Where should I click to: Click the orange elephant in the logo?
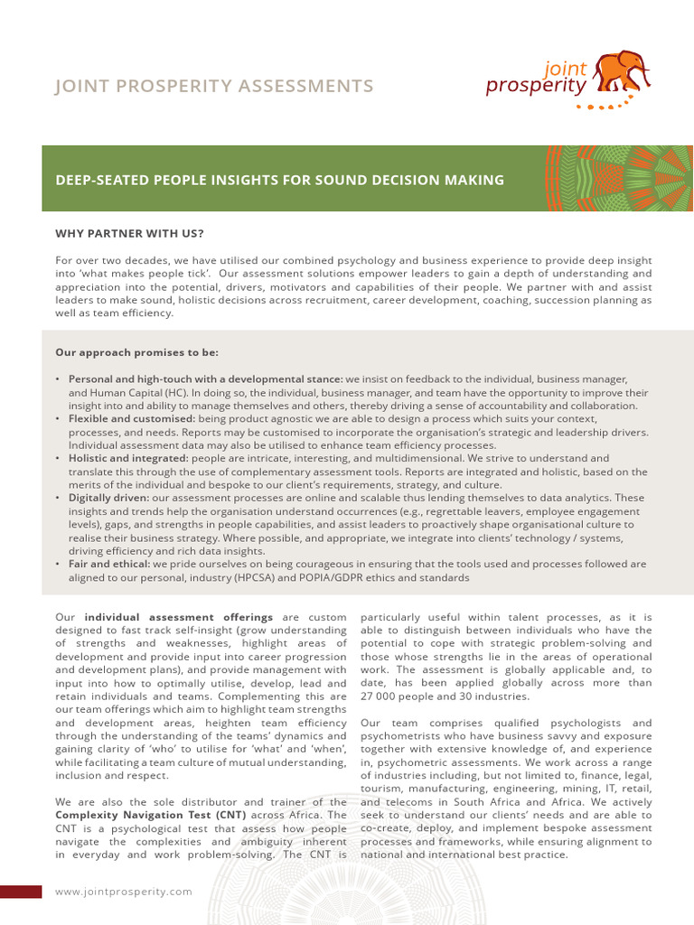[x=624, y=71]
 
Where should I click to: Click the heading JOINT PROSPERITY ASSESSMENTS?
[x=214, y=86]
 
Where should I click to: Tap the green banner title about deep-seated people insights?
[x=279, y=180]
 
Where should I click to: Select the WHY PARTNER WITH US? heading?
[x=129, y=233]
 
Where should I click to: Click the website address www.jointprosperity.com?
[x=124, y=892]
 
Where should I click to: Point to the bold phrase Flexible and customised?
[x=132, y=419]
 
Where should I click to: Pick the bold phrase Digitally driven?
[x=109, y=498]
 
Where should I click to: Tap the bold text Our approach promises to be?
[x=136, y=352]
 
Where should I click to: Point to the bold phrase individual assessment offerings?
[x=179, y=617]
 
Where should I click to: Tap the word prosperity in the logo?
[x=536, y=87]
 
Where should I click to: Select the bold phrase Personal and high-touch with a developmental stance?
[x=205, y=379]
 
